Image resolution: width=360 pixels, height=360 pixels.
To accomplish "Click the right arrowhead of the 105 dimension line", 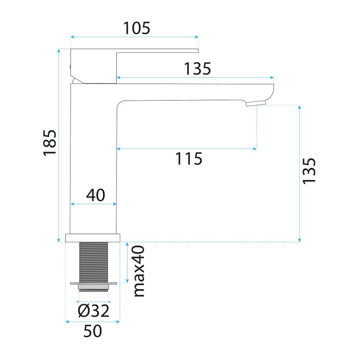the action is [197, 37].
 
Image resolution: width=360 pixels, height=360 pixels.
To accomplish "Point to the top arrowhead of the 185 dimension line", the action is [59, 51].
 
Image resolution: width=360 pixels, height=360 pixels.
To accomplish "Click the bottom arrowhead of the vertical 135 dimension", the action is [299, 240].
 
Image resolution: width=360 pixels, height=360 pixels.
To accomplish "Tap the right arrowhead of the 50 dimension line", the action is [118, 321].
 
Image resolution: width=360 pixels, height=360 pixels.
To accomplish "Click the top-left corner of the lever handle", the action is [71, 49].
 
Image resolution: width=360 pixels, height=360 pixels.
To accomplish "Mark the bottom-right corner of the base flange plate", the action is [120, 242].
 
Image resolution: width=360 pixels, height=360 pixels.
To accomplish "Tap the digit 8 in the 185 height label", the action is [50, 143].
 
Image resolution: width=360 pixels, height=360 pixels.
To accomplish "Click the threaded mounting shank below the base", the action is [94, 262].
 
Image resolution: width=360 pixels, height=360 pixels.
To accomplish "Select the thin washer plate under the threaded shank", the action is [94, 284].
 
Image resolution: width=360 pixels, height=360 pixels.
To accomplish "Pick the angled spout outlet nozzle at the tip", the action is [256, 103].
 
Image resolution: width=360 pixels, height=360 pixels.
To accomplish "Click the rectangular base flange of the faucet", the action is [93, 238].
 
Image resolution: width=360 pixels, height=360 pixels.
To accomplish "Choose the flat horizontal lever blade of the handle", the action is [158, 51].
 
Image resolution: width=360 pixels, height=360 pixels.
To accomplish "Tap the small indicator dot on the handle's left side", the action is [70, 67].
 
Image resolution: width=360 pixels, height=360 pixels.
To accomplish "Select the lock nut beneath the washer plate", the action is [94, 287].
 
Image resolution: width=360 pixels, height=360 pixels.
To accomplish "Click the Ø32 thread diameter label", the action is [94, 311].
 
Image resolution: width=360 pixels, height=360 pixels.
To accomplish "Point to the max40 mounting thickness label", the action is [139, 271].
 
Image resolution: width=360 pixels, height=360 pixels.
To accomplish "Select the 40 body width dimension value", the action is [95, 195].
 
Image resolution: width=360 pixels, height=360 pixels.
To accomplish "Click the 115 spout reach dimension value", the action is [189, 159].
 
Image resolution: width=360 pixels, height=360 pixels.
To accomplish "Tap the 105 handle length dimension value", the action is [136, 28].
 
